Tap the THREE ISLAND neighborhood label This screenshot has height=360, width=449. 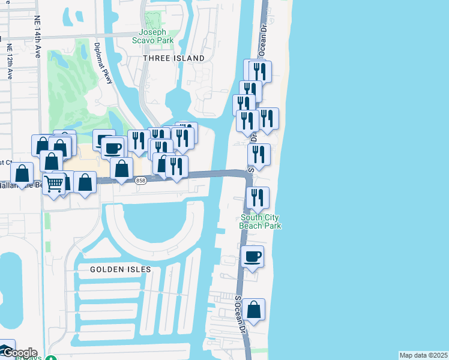(174, 58)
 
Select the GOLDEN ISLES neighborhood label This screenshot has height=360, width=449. (121, 269)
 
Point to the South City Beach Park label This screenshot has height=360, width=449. (260, 221)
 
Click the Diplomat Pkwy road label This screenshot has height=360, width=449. (104, 64)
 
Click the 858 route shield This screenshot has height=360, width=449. (140, 181)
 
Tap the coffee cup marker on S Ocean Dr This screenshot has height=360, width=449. (253, 256)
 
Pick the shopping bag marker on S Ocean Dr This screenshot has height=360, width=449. (254, 310)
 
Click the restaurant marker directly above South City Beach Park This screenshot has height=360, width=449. (258, 198)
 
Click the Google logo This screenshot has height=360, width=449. (19, 353)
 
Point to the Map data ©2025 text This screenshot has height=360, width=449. (423, 355)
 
